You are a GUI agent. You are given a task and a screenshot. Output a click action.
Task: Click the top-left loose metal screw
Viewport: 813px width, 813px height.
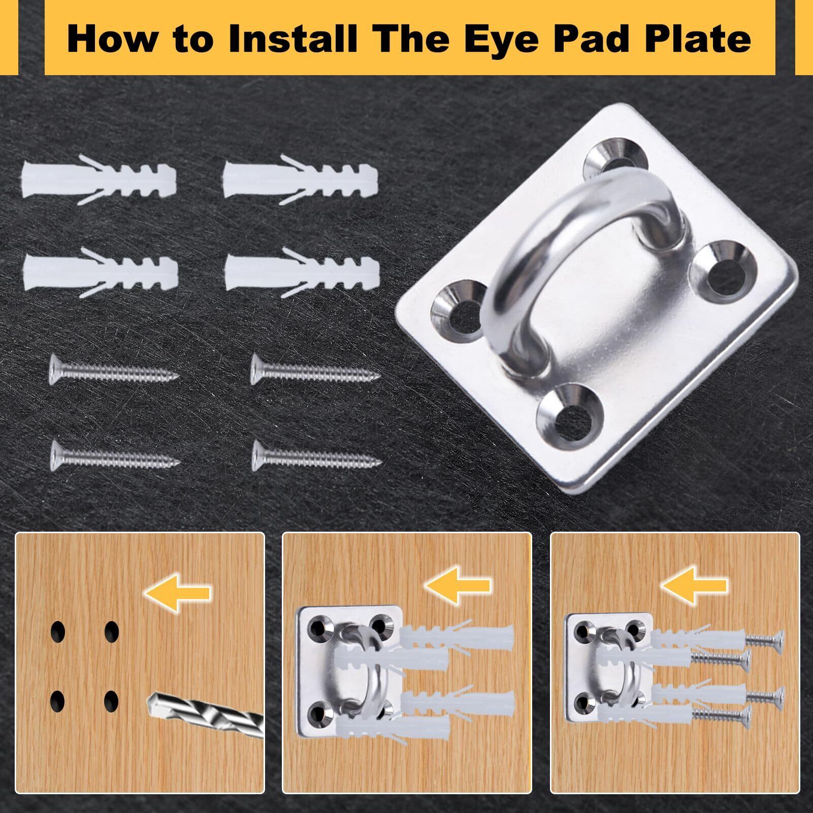pyautogui.click(x=114, y=370)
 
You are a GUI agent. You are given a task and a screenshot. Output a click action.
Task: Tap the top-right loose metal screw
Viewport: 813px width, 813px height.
pyautogui.click(x=315, y=370)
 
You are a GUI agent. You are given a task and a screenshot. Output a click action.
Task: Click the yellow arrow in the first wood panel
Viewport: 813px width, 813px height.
pyautogui.click(x=177, y=592)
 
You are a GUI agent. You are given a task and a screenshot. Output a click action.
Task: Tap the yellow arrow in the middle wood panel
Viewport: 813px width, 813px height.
pyautogui.click(x=458, y=586)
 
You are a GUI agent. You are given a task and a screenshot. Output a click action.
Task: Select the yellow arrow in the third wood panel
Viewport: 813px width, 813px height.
pyautogui.click(x=694, y=586)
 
